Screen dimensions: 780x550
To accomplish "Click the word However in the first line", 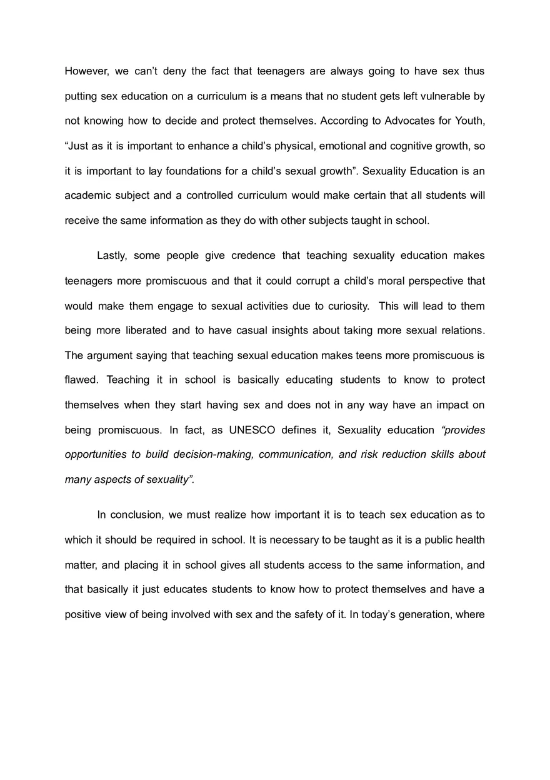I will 87,71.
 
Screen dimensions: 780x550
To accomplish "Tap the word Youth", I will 469,121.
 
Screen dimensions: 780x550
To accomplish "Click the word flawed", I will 81,380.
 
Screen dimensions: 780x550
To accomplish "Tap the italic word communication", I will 295,455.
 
